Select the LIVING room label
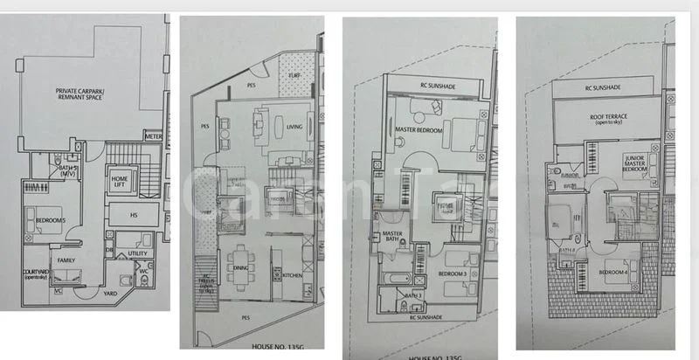pyautogui.click(x=294, y=127)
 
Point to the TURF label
pyautogui.click(x=295, y=76)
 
